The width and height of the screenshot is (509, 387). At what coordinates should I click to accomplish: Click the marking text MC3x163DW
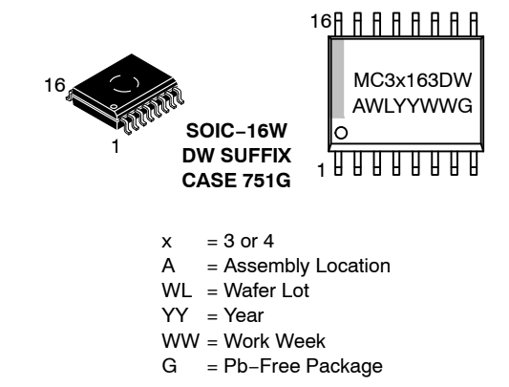pos(413,80)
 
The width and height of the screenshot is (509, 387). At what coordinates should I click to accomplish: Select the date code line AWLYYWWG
pos(413,106)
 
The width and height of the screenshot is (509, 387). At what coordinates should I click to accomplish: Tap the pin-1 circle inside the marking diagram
pos(341,133)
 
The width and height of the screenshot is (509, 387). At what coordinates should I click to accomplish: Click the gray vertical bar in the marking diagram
pos(338,79)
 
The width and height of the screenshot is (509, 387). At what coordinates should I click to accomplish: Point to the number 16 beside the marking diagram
pos(321,21)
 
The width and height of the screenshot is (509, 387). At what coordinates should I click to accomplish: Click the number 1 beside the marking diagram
pos(321,170)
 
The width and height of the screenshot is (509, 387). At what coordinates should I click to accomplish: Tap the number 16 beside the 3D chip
pos(54,85)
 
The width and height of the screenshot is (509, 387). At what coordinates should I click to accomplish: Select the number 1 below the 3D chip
pos(116,146)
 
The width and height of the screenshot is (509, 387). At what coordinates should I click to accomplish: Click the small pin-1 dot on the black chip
pos(114,106)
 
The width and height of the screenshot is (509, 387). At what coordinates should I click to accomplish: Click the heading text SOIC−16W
pos(236,131)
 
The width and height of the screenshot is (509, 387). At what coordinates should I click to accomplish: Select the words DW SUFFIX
pos(236,156)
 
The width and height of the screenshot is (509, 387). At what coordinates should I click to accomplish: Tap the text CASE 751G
pos(236,181)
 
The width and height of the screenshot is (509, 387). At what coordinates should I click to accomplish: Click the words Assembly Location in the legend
pos(308,266)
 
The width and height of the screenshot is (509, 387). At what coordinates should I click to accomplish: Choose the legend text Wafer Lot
pos(266,290)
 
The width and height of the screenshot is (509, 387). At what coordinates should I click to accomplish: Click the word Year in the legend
pos(244,315)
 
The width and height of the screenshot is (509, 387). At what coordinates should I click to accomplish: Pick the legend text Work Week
pos(275,340)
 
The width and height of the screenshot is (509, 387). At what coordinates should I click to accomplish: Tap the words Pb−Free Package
pos(303,366)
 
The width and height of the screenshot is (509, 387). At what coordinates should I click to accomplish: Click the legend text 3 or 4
pos(248,241)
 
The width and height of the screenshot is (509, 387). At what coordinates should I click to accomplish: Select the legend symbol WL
pos(177,290)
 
